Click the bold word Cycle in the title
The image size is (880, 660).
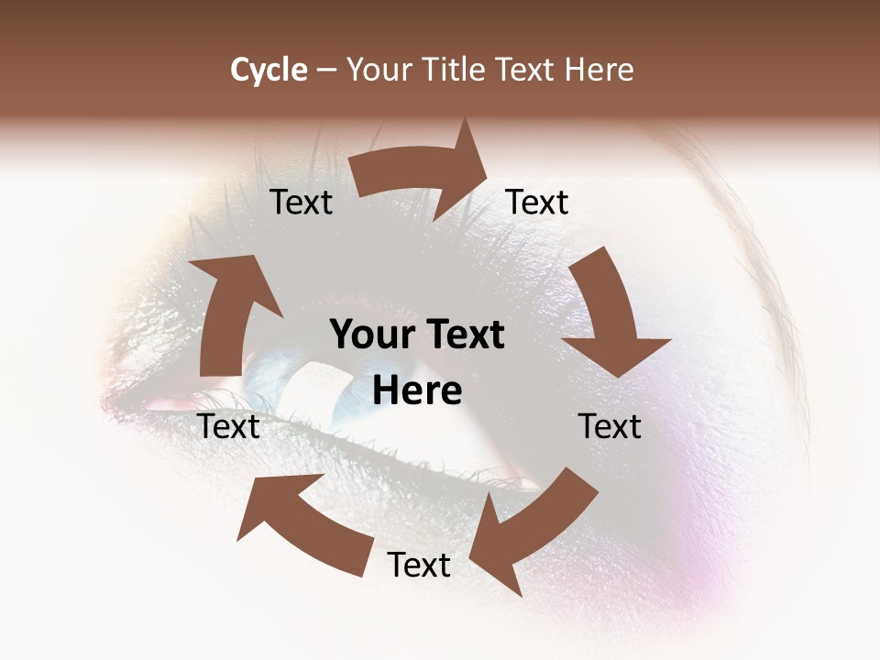[269, 70]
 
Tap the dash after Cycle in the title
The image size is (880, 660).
[325, 71]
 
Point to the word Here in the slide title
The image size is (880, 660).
[599, 70]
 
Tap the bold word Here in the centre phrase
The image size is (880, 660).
[417, 391]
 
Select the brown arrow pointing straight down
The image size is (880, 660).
[610, 312]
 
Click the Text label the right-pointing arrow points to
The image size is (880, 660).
[537, 203]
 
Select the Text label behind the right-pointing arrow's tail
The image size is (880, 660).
[302, 203]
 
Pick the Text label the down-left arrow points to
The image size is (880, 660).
[419, 565]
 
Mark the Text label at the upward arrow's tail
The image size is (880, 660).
[229, 426]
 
